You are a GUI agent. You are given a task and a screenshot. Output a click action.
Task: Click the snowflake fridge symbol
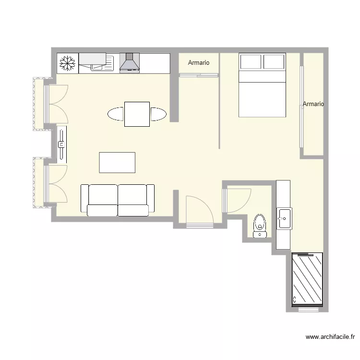67,63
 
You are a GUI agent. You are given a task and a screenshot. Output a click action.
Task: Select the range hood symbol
129,63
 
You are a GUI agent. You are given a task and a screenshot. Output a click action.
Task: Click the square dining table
137,114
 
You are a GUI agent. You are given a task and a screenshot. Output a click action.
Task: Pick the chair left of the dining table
116,114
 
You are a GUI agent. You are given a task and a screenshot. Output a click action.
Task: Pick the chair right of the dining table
158,114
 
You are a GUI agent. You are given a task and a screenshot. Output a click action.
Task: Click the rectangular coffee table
117,162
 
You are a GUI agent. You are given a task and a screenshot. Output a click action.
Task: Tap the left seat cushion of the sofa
103,200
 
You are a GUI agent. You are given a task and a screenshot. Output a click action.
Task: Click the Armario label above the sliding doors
199,63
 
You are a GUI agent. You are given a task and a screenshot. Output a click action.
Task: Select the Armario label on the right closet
313,104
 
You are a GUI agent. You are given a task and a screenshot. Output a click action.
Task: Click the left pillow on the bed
251,62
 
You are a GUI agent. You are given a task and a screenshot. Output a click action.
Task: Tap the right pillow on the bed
274,62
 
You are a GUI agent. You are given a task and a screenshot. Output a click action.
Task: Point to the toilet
260,226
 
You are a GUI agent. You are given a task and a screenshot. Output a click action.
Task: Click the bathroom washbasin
283,218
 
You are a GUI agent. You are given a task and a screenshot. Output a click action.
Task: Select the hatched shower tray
308,279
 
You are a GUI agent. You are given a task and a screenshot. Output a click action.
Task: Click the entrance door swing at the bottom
198,210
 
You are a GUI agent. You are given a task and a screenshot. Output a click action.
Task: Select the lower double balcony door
56,184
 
